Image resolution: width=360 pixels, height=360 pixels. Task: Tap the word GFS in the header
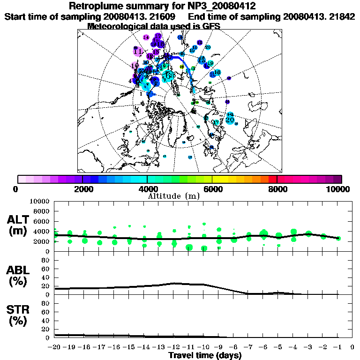tap(211, 26)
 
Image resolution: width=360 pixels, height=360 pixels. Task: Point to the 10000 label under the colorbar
tap(338, 189)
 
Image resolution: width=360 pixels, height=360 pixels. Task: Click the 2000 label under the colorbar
tap(82, 189)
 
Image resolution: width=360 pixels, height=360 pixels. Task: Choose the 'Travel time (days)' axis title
tap(205, 355)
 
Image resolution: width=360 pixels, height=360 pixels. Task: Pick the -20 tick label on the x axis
tap(55, 347)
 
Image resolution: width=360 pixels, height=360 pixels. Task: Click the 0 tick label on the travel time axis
tap(352, 347)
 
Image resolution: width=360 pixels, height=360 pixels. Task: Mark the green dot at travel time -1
tap(338, 239)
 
